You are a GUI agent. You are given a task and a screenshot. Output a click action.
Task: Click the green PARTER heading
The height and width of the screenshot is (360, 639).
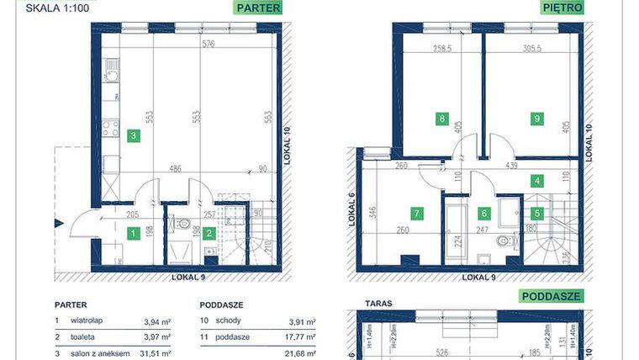(x=257, y=9)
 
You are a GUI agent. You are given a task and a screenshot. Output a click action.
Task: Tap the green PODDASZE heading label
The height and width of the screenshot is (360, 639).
(x=551, y=295)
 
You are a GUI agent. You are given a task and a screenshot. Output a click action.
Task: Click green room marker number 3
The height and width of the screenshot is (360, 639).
(x=133, y=135)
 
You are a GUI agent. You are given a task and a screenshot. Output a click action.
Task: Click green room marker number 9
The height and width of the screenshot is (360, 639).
(x=537, y=119)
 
